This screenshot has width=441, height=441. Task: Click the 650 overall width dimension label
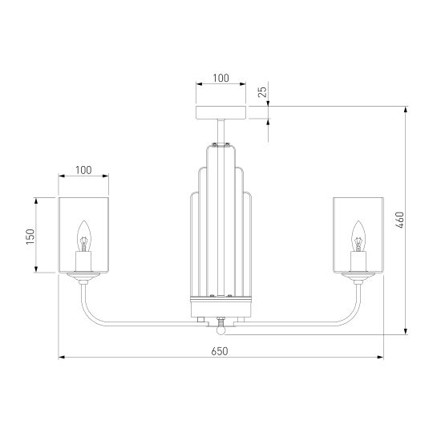pos(220,351)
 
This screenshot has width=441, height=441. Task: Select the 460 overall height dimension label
pos(400,220)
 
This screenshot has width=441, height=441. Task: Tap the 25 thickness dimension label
pos(262,91)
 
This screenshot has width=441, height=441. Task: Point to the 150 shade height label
pos(30,237)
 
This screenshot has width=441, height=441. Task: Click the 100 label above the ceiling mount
pos(220,78)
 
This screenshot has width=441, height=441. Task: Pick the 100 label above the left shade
pos(83,170)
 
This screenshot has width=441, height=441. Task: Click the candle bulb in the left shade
pos(84,236)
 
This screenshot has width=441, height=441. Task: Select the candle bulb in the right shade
pos(358,236)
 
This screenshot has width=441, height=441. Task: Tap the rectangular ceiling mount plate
pos(221,112)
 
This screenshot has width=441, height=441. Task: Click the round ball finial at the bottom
pos(221,330)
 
